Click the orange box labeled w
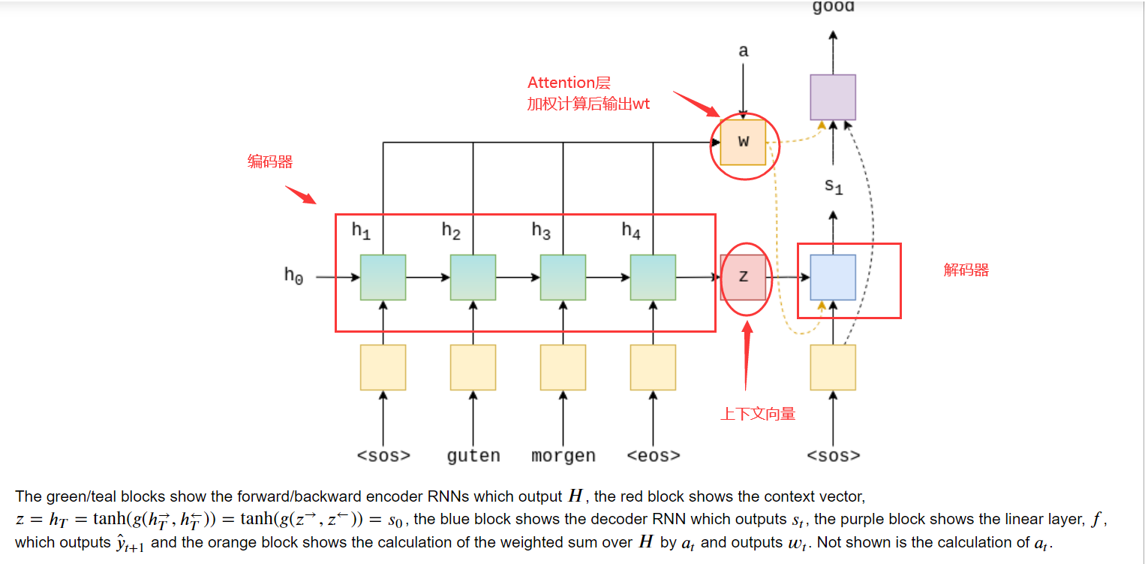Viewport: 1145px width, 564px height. click(x=743, y=142)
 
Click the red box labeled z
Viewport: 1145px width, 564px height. click(x=743, y=277)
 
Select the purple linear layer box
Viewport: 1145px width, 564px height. click(x=833, y=97)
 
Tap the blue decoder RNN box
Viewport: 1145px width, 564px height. click(x=833, y=277)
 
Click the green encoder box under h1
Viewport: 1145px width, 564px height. click(x=383, y=277)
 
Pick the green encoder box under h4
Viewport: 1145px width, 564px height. click(x=653, y=277)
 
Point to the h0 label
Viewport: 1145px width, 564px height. click(x=293, y=276)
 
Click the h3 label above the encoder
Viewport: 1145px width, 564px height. click(x=541, y=231)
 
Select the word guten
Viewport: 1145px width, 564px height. click(x=473, y=456)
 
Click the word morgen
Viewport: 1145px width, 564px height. click(x=563, y=456)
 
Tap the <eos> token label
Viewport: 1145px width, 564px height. click(x=653, y=456)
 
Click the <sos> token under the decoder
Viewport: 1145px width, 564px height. click(x=833, y=456)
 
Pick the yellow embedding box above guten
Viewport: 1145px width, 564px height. click(x=473, y=367)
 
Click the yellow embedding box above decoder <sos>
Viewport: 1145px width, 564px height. click(x=833, y=367)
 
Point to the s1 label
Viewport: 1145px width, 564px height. click(x=834, y=185)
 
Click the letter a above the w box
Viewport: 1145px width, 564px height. click(x=743, y=51)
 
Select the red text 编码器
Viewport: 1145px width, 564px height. click(x=270, y=161)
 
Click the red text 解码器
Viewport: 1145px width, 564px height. click(x=966, y=270)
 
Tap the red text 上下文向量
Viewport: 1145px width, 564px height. click(x=758, y=414)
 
